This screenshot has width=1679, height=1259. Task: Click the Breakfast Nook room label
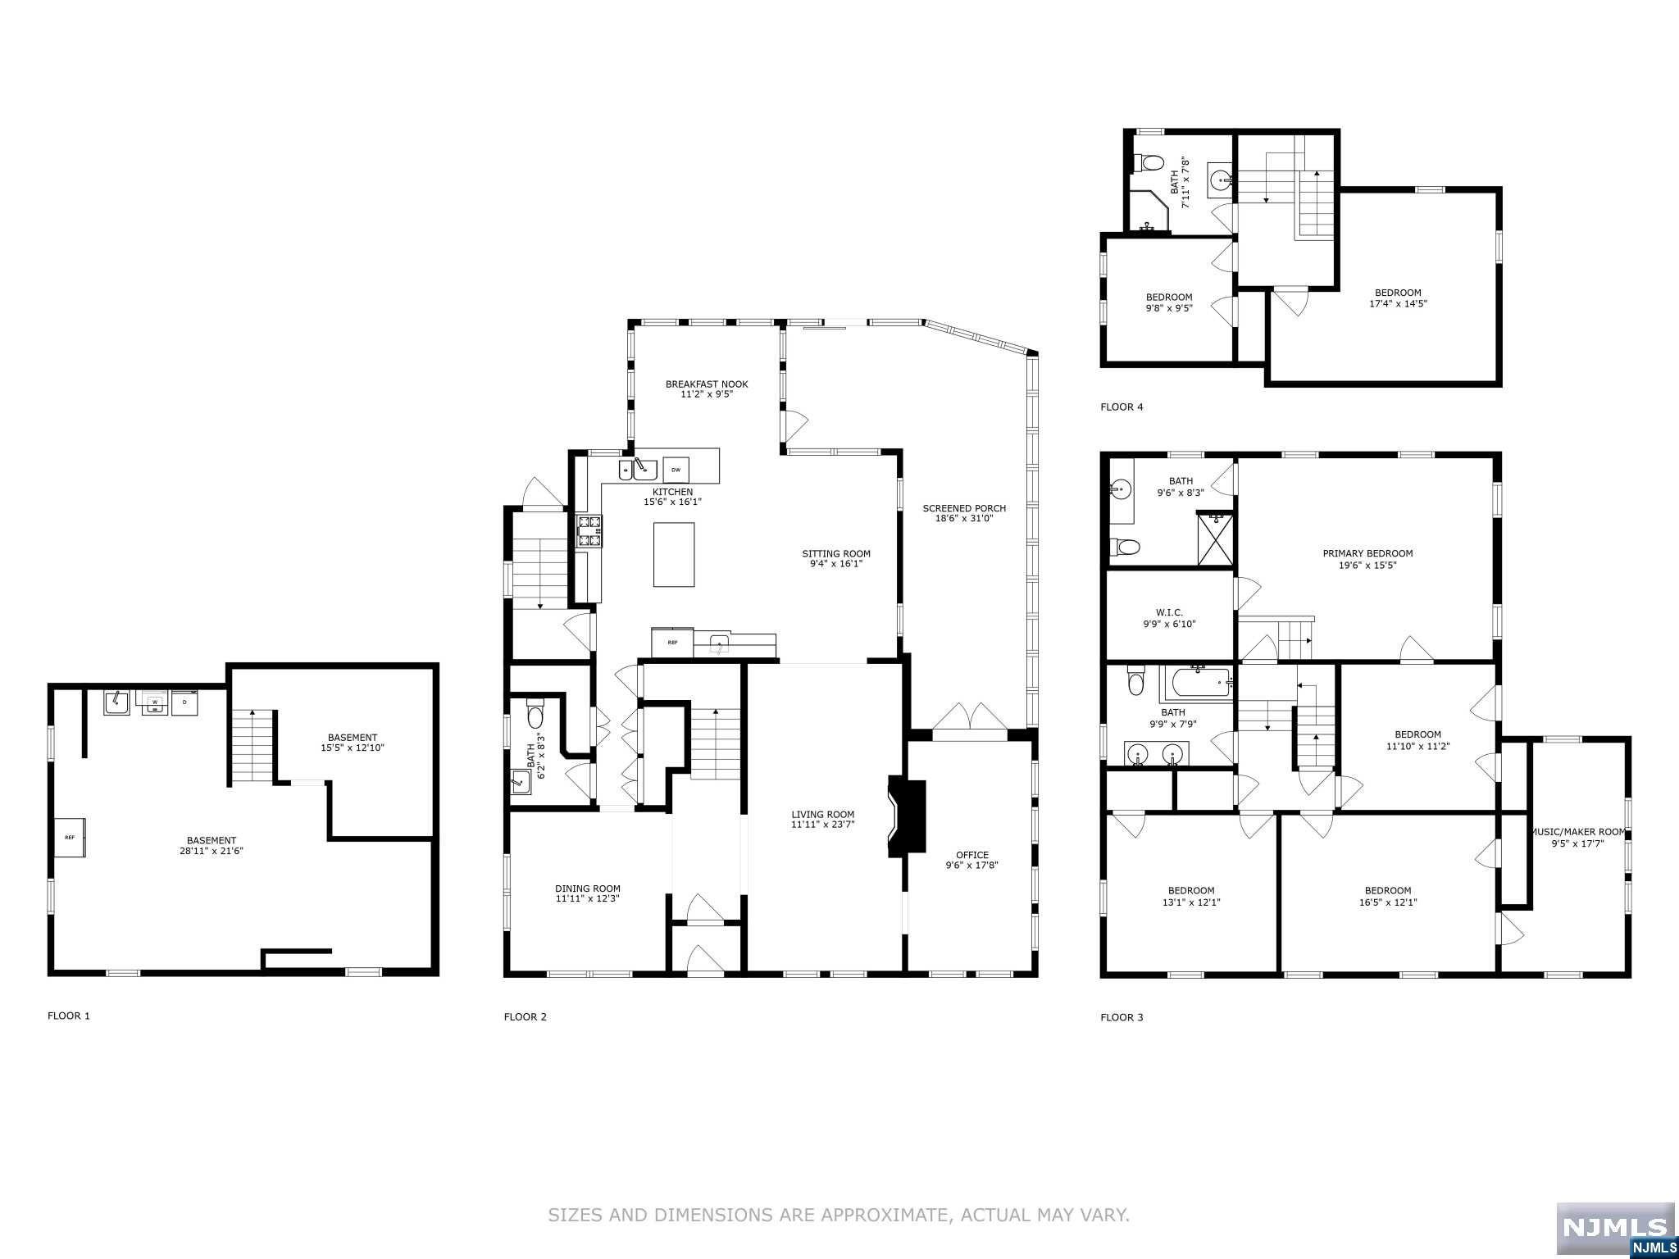coord(706,384)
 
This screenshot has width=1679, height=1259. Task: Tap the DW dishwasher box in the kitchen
coord(676,470)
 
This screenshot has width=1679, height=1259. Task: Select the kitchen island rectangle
coord(674,554)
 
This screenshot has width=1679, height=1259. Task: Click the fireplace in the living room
coord(908,818)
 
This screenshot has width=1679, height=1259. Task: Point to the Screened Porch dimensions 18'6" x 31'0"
coord(963,518)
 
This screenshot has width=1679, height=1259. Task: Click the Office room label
coord(971,855)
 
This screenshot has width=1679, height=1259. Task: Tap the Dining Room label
coord(587,889)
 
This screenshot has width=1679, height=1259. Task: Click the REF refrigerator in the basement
coord(70,837)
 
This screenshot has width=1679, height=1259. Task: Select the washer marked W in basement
coord(154,702)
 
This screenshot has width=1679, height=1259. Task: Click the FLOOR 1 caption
coord(69,1016)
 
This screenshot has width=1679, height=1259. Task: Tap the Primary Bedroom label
coord(1367,553)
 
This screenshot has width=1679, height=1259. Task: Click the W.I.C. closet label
coord(1169,612)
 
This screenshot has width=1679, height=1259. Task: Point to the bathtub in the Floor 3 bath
coord(1197,683)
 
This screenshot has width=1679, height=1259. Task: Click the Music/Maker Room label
coord(1577,831)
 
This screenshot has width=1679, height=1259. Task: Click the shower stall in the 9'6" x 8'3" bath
coord(1216,539)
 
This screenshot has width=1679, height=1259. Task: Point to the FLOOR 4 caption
coord(1121,407)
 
